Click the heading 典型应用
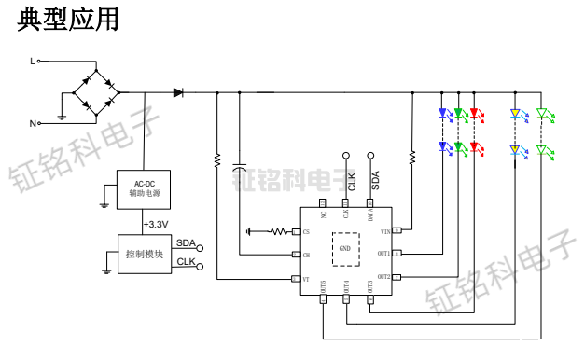point(68,20)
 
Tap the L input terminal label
point(32,62)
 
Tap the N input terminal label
point(32,123)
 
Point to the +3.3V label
point(156,225)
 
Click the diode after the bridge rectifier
point(178,92)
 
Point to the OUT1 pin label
point(383,254)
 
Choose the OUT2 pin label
point(383,278)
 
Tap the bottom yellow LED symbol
point(513,149)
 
